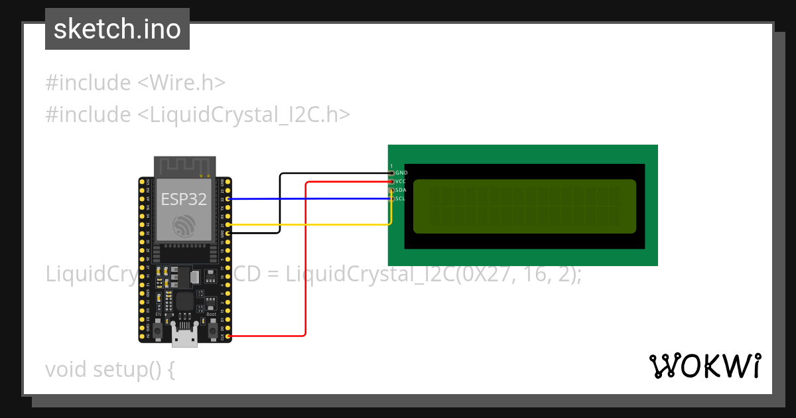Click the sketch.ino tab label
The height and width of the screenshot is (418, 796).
tap(117, 29)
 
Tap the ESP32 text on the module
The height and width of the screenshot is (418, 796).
tap(184, 200)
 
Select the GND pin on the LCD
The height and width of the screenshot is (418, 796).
tap(392, 173)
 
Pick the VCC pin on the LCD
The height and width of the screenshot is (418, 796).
tap(392, 181)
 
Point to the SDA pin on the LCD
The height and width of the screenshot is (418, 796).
tap(392, 190)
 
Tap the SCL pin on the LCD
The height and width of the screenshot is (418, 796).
tap(392, 198)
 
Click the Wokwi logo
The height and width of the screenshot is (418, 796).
tap(704, 366)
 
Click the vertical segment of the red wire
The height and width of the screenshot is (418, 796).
tap(305, 259)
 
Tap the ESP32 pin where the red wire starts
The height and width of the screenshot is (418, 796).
tap(228, 336)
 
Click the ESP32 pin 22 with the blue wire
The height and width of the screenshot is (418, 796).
tap(228, 198)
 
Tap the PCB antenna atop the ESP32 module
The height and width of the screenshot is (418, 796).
tap(184, 167)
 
